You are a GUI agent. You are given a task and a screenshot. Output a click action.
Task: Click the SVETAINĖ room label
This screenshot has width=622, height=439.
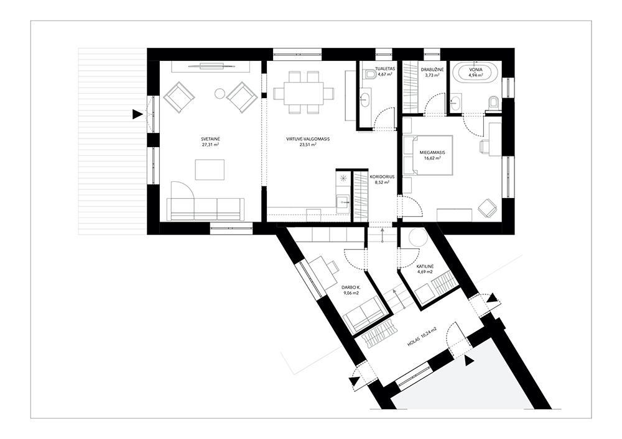point(210,139)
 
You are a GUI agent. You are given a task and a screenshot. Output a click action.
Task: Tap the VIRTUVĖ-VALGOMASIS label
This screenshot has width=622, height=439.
point(309,139)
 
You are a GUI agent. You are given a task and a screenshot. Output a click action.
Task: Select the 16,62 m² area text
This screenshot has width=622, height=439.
point(432,158)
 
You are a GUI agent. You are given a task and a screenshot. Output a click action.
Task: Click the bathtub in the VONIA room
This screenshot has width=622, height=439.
point(475,73)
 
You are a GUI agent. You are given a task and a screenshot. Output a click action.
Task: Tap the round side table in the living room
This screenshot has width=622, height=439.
point(220,93)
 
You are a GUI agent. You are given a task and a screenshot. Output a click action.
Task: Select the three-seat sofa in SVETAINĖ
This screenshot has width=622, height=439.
point(205,209)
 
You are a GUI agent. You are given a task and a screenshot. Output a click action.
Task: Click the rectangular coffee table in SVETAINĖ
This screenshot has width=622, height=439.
point(210,170)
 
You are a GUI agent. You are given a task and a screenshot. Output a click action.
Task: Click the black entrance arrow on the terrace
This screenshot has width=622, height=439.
point(137,115)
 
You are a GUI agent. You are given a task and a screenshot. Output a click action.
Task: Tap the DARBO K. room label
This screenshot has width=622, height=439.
point(350,287)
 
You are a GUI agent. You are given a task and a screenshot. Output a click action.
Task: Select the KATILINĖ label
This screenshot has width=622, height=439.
point(425,266)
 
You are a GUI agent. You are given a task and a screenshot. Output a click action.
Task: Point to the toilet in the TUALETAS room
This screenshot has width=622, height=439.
point(371,74)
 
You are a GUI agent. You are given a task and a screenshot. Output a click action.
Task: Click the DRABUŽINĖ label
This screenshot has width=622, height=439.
point(432,70)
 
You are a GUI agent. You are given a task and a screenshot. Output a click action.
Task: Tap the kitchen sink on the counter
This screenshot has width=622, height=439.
point(342,202)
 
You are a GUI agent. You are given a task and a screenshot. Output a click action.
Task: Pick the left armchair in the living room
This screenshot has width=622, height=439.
point(179,97)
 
